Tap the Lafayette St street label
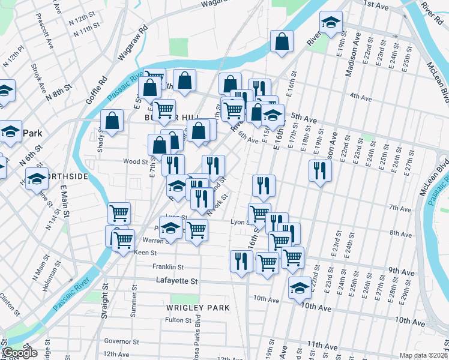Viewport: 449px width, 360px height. pos(176,281)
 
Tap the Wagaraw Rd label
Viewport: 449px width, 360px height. pos(135,43)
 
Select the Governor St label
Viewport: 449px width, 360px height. pos(122,341)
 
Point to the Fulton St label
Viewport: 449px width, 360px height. pos(178,320)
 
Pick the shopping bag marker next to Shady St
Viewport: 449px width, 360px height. pos(112,121)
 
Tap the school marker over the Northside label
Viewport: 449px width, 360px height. pos(37,178)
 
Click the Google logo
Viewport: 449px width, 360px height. pos(20,353)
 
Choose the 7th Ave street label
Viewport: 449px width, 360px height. pos(399,208)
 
